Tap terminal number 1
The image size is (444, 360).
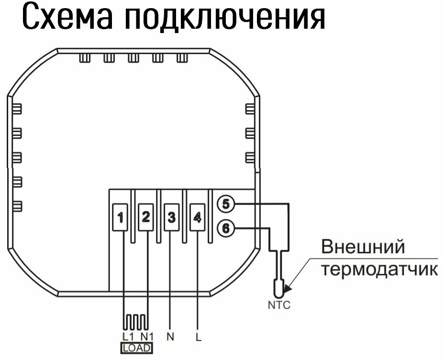121,218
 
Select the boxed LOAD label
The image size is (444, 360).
136,348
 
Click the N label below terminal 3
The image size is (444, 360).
170,336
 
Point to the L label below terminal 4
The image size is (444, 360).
198,336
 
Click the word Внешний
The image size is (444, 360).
363,248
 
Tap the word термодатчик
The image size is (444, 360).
379,269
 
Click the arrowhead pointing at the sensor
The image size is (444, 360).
287,289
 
